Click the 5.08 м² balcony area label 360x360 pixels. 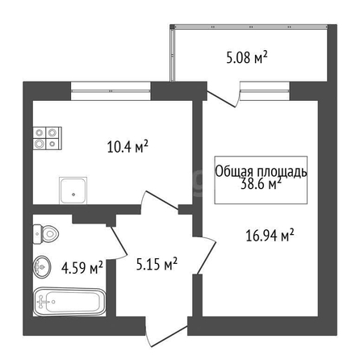coord(247,57)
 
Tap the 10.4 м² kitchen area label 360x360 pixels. coord(128,146)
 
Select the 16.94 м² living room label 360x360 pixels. coord(270,236)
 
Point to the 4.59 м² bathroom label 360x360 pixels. coord(82,267)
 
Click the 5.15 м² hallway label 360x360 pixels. coord(157,264)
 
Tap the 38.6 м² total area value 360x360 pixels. coord(261,184)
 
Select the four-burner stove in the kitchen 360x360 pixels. coord(48,138)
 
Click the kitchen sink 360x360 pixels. coord(73,190)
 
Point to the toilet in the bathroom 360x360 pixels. coord(46,234)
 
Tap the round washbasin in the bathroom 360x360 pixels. coord(42,266)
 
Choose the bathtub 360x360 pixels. coord(69,302)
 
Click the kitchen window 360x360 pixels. coord(111,91)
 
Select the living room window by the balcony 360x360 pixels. coord(265,90)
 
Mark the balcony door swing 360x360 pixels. coord(223,94)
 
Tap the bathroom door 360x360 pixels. coord(118,242)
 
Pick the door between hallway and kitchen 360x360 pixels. coord(159,200)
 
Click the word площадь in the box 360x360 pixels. coord(282,172)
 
